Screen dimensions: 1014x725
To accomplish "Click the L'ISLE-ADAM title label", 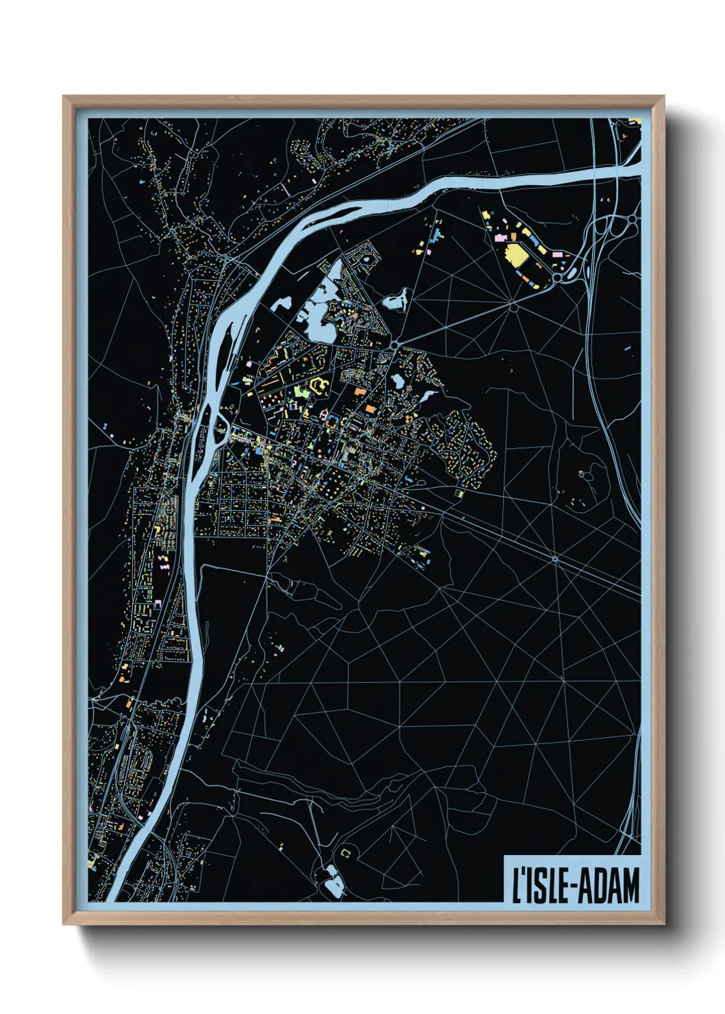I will tap(573, 885).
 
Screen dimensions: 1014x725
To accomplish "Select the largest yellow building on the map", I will tap(515, 258).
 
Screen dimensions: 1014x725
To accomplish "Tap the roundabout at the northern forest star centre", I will tap(513, 307).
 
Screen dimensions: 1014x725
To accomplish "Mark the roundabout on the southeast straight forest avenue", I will tap(555, 559).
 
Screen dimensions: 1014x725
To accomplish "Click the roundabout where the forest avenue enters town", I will tap(395, 343).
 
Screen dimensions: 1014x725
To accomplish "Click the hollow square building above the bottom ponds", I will tap(345, 852).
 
